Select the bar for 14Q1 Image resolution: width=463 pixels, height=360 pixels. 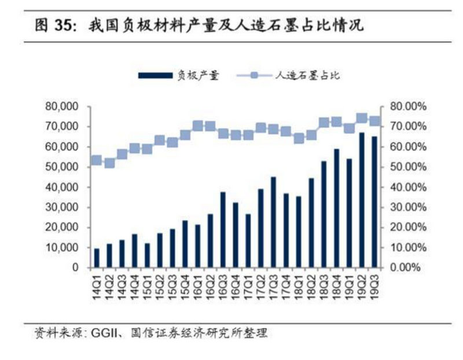(x=97, y=258)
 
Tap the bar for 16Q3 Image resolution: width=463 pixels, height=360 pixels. (x=223, y=230)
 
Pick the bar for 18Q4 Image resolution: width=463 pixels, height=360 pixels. (x=336, y=208)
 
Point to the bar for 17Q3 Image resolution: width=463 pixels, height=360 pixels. (x=273, y=222)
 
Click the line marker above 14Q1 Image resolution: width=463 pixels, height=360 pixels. (x=97, y=160)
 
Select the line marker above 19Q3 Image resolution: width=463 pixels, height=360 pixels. (x=374, y=121)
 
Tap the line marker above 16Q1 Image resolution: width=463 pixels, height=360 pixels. (x=197, y=126)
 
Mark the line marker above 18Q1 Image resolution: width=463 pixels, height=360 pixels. (x=299, y=138)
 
